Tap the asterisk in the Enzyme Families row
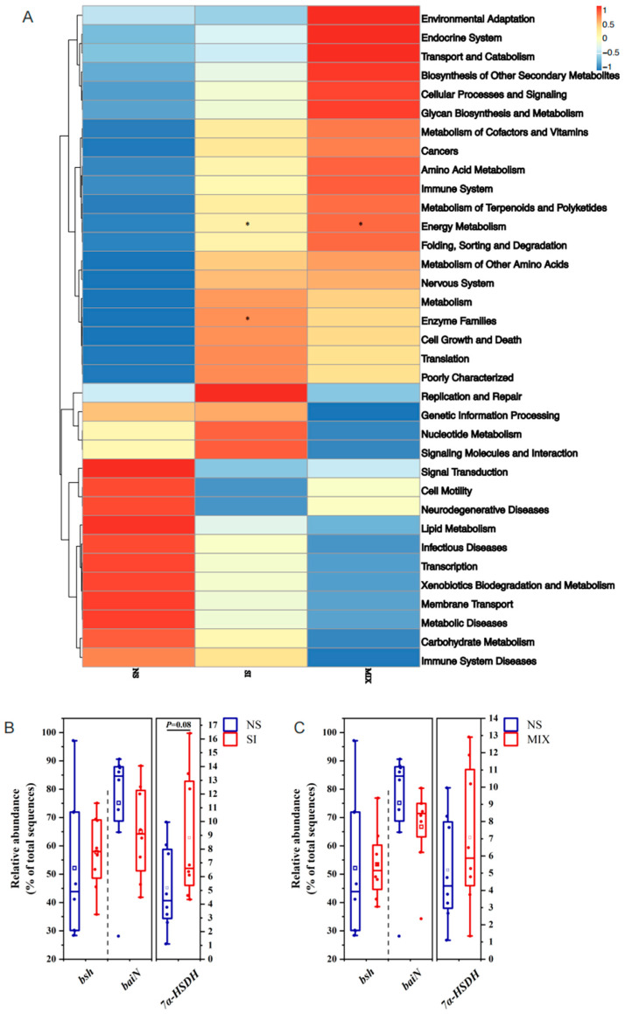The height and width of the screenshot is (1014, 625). pyautogui.click(x=249, y=318)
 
